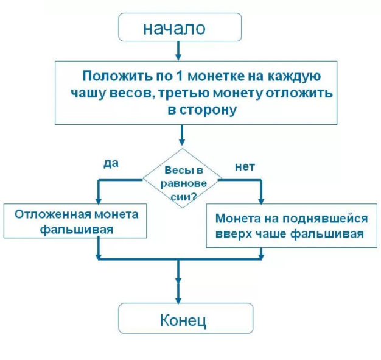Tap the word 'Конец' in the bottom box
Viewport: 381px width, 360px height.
pos(184,320)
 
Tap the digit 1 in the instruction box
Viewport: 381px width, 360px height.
pos(179,77)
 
